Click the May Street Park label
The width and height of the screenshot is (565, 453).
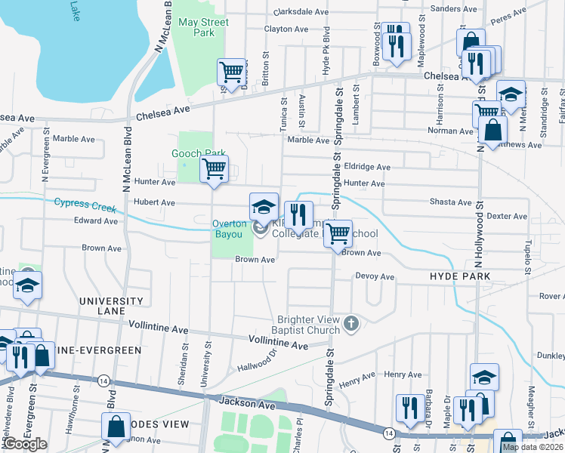pos(203,27)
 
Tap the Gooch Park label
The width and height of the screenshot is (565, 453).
pos(199,153)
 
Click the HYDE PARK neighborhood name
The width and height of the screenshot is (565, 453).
pos(460,277)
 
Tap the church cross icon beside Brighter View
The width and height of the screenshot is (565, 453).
pos(350,324)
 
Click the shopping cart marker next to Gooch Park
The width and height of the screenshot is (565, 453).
pos(215,169)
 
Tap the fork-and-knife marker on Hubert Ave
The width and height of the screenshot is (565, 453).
pos(298,214)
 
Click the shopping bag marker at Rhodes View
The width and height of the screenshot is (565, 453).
pos(117,427)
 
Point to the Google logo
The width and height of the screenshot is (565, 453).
pos(25,444)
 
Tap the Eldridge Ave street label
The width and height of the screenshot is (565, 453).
pos(366,167)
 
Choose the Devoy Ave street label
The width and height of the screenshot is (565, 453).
pos(375,277)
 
